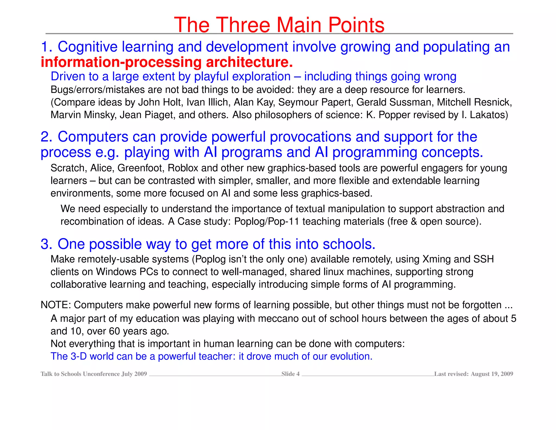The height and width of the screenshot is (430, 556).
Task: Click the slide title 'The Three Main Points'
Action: pyautogui.click(x=279, y=25)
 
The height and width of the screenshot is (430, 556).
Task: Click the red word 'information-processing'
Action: pyautogui.click(x=121, y=62)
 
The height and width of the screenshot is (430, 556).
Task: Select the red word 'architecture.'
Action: pyautogui.click(x=249, y=62)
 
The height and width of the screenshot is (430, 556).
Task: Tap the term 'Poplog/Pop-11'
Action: pyautogui.click(x=267, y=221)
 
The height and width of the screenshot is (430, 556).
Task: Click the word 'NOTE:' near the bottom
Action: pyautogui.click(x=56, y=305)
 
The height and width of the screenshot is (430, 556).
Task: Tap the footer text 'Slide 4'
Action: pyautogui.click(x=290, y=374)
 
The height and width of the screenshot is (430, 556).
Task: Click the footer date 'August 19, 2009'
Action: pyautogui.click(x=492, y=374)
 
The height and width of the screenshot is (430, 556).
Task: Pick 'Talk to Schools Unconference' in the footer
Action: pyautogui.click(x=80, y=374)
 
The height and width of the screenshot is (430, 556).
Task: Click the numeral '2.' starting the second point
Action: pyautogui.click(x=46, y=137)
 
